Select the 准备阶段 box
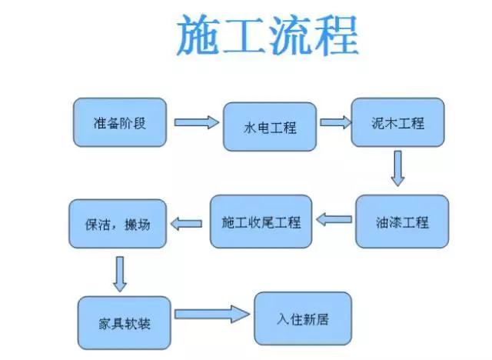[120, 122]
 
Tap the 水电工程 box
[270, 127]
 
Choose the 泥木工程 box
[397, 122]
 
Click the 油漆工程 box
[402, 222]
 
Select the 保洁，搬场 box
[117, 225]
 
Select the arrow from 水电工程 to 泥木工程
[333, 122]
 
